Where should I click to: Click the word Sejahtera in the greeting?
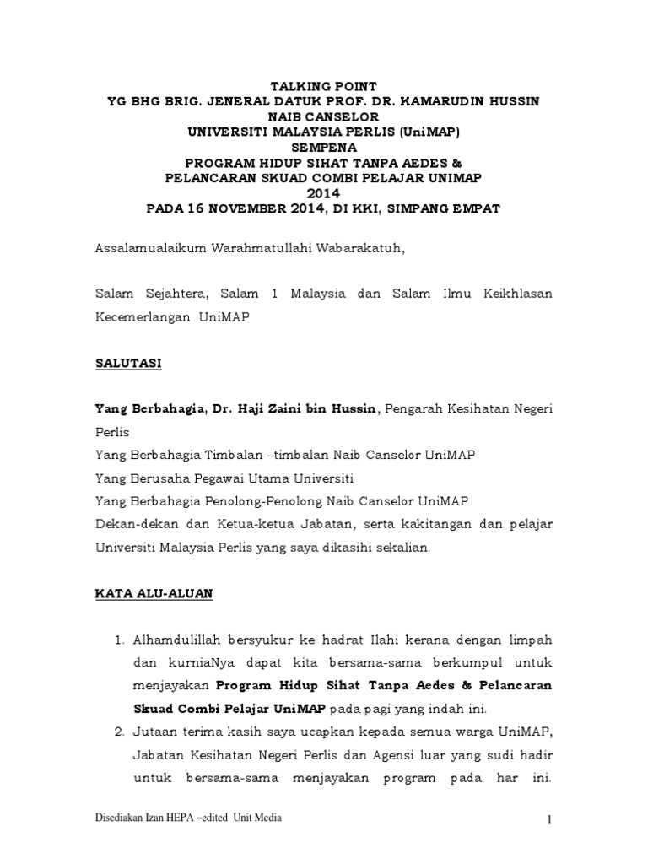tap(171, 294)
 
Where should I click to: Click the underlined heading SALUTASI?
tap(127, 364)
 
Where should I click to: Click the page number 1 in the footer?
tap(549, 819)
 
